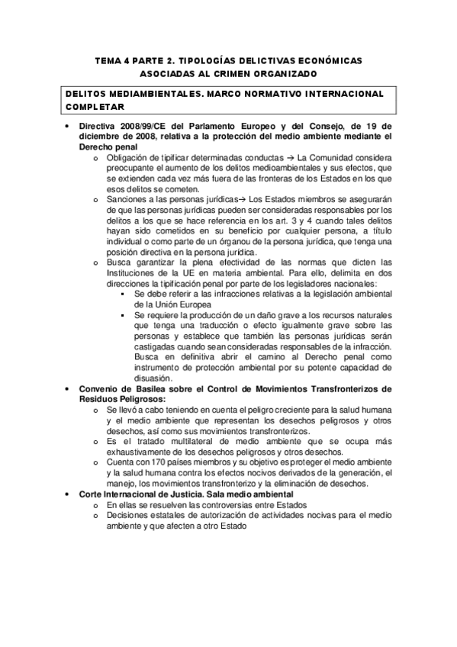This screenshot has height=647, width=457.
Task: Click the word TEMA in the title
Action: [107, 59]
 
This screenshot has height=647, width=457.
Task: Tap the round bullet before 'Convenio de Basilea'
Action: [69, 389]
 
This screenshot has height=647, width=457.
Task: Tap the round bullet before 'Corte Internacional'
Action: [69, 494]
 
